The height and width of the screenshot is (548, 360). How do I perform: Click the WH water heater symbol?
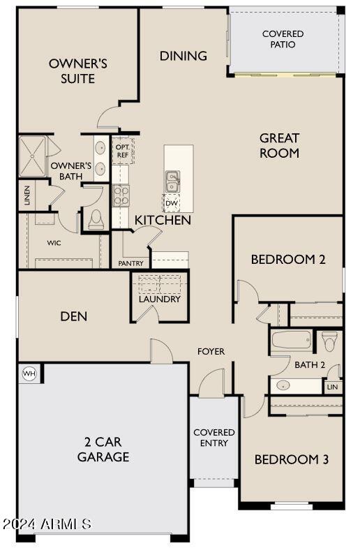click(29, 373)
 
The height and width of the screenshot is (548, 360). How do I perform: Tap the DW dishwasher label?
click(171, 203)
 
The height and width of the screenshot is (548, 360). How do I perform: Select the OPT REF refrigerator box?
click(122, 151)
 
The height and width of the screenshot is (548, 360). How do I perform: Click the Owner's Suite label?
click(77, 71)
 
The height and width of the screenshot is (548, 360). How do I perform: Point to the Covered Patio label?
click(283, 39)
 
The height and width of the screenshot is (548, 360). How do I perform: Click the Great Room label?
click(279, 145)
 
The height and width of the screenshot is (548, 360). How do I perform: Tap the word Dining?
click(183, 56)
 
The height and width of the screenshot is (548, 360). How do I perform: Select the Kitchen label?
click(163, 220)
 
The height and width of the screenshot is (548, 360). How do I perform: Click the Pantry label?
click(130, 264)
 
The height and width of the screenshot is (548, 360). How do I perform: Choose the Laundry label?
click(159, 299)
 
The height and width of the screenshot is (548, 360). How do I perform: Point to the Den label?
click(73, 316)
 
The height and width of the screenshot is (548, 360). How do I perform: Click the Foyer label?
click(211, 351)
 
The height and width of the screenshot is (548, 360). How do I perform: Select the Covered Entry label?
click(214, 438)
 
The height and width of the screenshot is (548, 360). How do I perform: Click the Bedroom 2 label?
click(288, 260)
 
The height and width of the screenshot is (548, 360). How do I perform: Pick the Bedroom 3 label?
click(291, 459)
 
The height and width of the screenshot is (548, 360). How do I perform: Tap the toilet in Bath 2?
click(330, 340)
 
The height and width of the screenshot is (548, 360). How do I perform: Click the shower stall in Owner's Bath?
click(32, 155)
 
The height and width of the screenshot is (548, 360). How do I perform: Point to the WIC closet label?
click(54, 243)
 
